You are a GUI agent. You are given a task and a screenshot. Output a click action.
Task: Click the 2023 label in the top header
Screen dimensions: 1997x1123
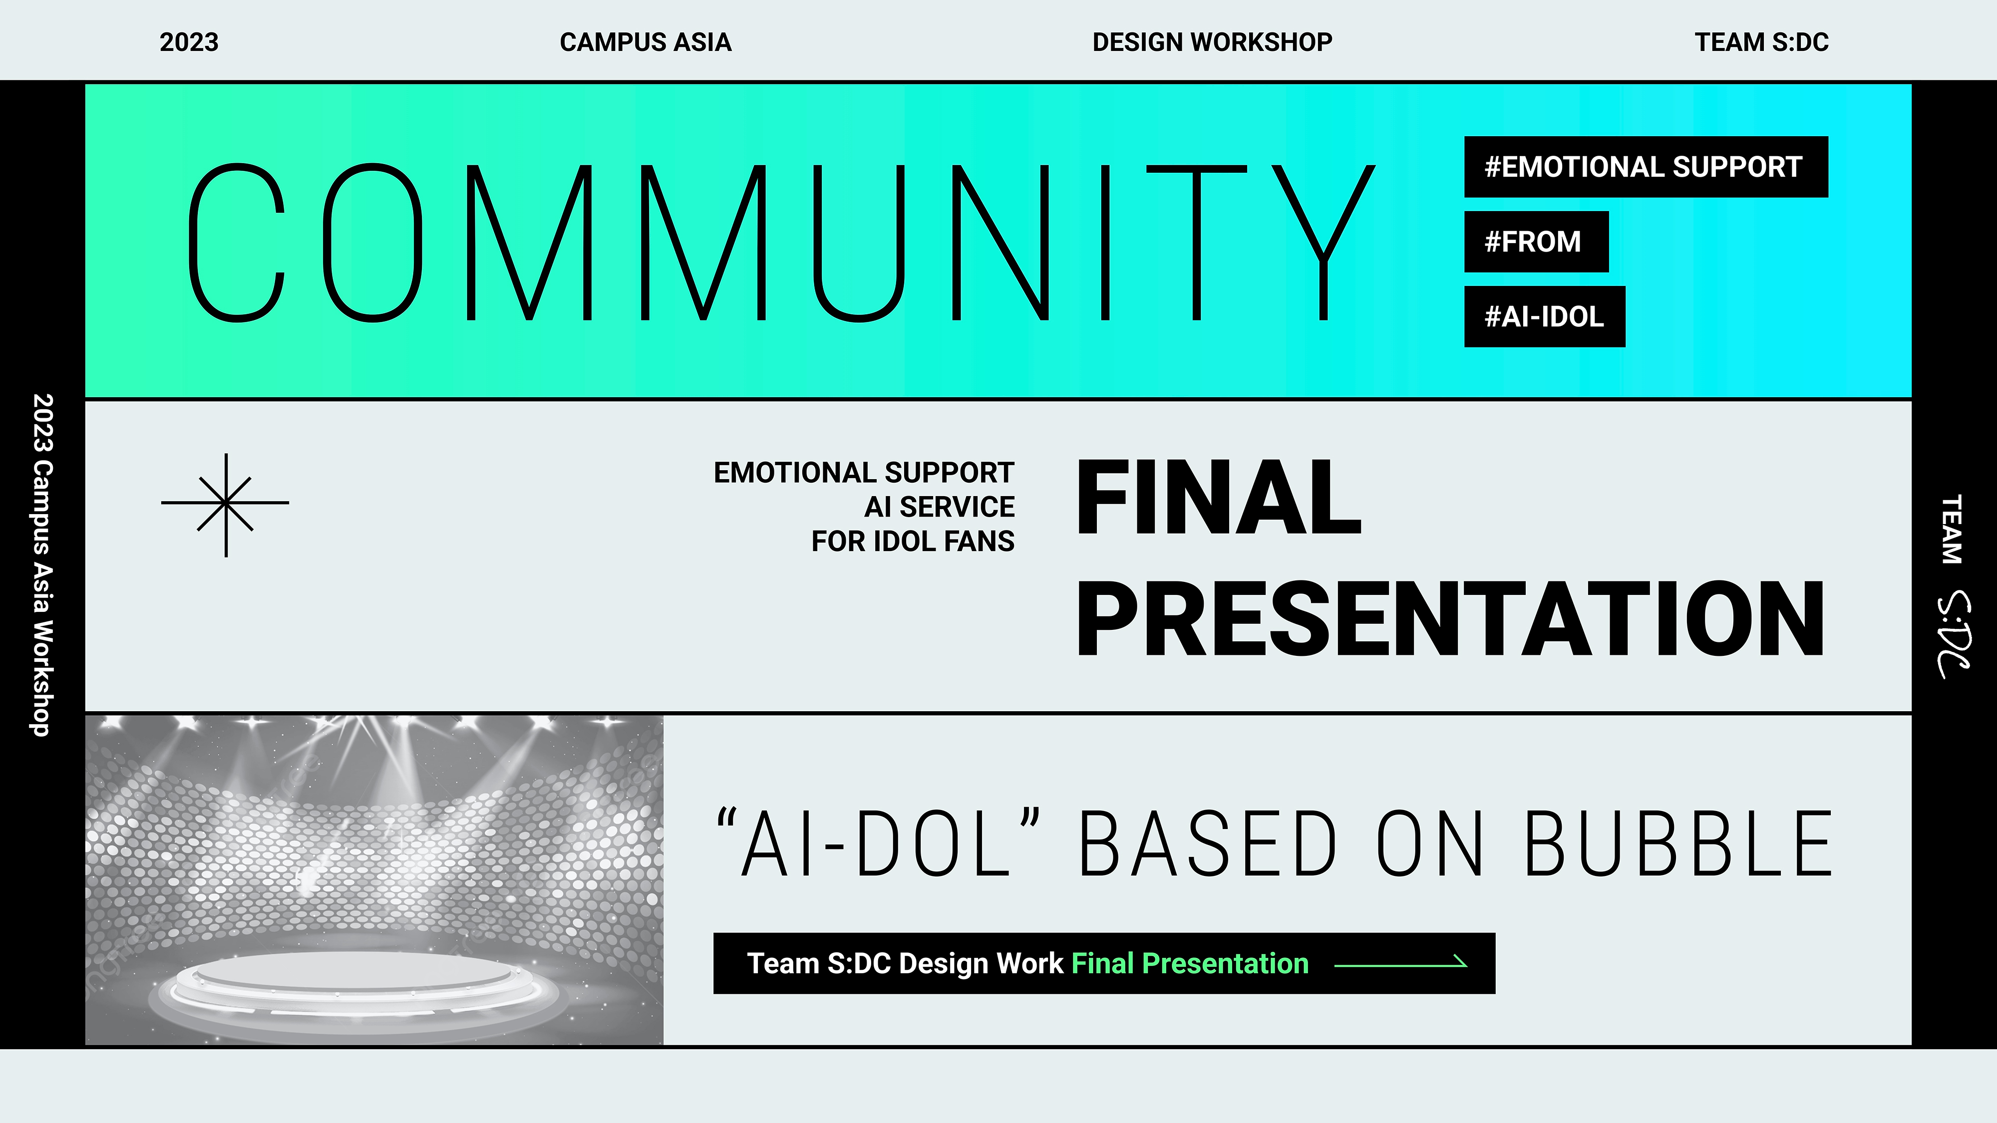click(189, 42)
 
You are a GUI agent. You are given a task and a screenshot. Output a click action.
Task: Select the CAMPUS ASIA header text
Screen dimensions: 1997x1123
click(646, 42)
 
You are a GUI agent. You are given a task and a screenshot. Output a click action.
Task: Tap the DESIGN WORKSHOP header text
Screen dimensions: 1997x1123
click(1213, 42)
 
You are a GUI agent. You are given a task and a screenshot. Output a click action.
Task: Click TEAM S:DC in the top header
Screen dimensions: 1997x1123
click(1761, 42)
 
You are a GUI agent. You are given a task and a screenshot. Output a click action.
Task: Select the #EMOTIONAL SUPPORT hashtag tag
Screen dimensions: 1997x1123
click(1646, 167)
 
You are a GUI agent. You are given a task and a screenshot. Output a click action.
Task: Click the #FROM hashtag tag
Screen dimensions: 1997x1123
click(1536, 242)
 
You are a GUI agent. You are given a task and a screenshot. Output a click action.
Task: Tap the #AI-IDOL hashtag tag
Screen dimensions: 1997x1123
click(1544, 317)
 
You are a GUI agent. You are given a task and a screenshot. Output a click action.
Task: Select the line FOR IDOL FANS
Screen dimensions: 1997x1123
click(913, 541)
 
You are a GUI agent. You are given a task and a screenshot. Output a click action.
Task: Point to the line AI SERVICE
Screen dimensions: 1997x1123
click(939, 507)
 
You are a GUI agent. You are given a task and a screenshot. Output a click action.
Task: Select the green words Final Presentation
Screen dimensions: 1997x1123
click(1190, 963)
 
